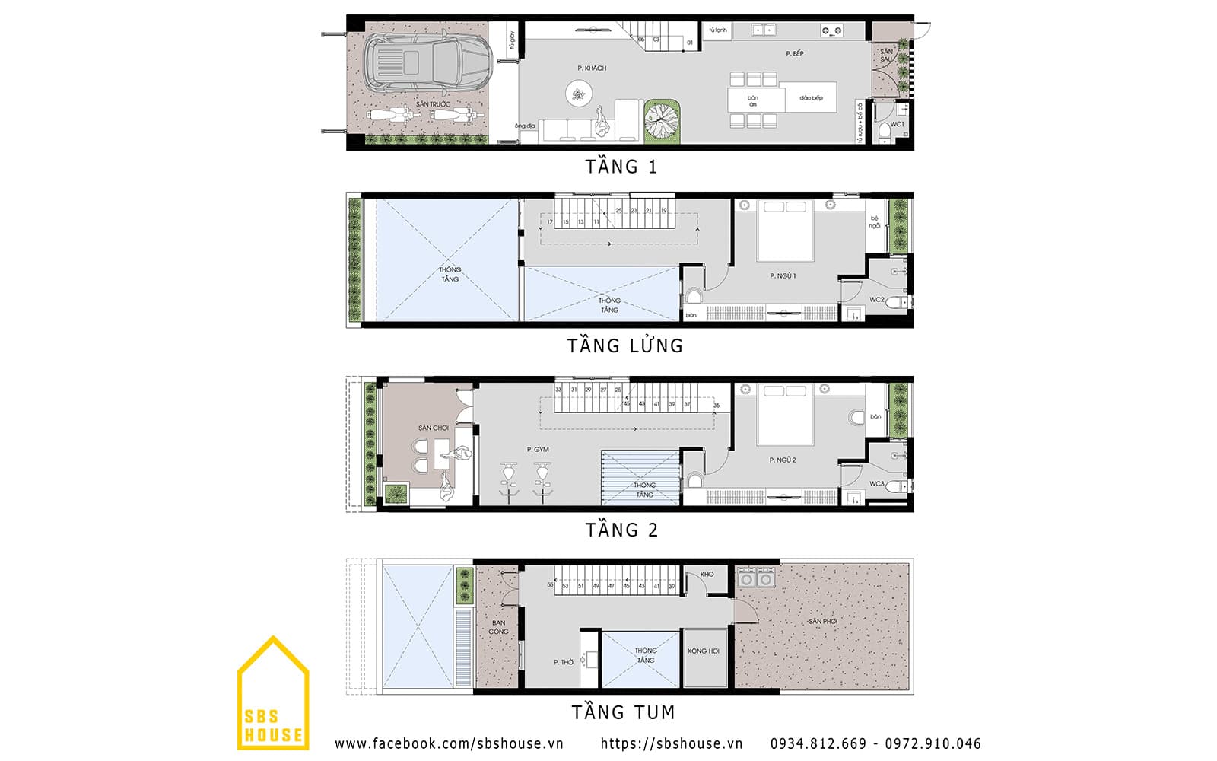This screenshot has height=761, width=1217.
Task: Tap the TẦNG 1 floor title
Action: (x=621, y=167)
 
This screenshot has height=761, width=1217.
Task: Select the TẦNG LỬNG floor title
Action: (x=624, y=345)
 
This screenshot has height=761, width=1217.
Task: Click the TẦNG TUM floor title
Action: (x=623, y=712)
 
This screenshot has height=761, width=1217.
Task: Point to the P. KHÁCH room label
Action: (x=592, y=68)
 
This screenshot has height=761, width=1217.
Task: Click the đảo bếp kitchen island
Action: (x=811, y=98)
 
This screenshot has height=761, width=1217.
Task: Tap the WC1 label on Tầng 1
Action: (x=898, y=124)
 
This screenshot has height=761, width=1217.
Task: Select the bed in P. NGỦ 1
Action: (x=785, y=230)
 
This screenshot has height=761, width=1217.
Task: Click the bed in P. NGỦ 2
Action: (x=785, y=415)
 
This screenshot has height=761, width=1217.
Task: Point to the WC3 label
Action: (x=877, y=484)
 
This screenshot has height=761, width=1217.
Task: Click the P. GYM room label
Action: (x=538, y=450)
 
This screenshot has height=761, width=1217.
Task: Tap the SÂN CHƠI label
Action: (x=433, y=428)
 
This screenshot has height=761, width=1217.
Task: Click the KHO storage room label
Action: (x=707, y=575)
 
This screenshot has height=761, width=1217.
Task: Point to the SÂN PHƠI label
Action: (x=823, y=622)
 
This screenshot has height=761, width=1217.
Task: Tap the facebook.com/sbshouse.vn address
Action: (x=449, y=743)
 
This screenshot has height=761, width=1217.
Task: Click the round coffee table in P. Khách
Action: (x=579, y=94)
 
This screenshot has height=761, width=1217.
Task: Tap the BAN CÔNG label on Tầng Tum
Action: (x=499, y=627)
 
